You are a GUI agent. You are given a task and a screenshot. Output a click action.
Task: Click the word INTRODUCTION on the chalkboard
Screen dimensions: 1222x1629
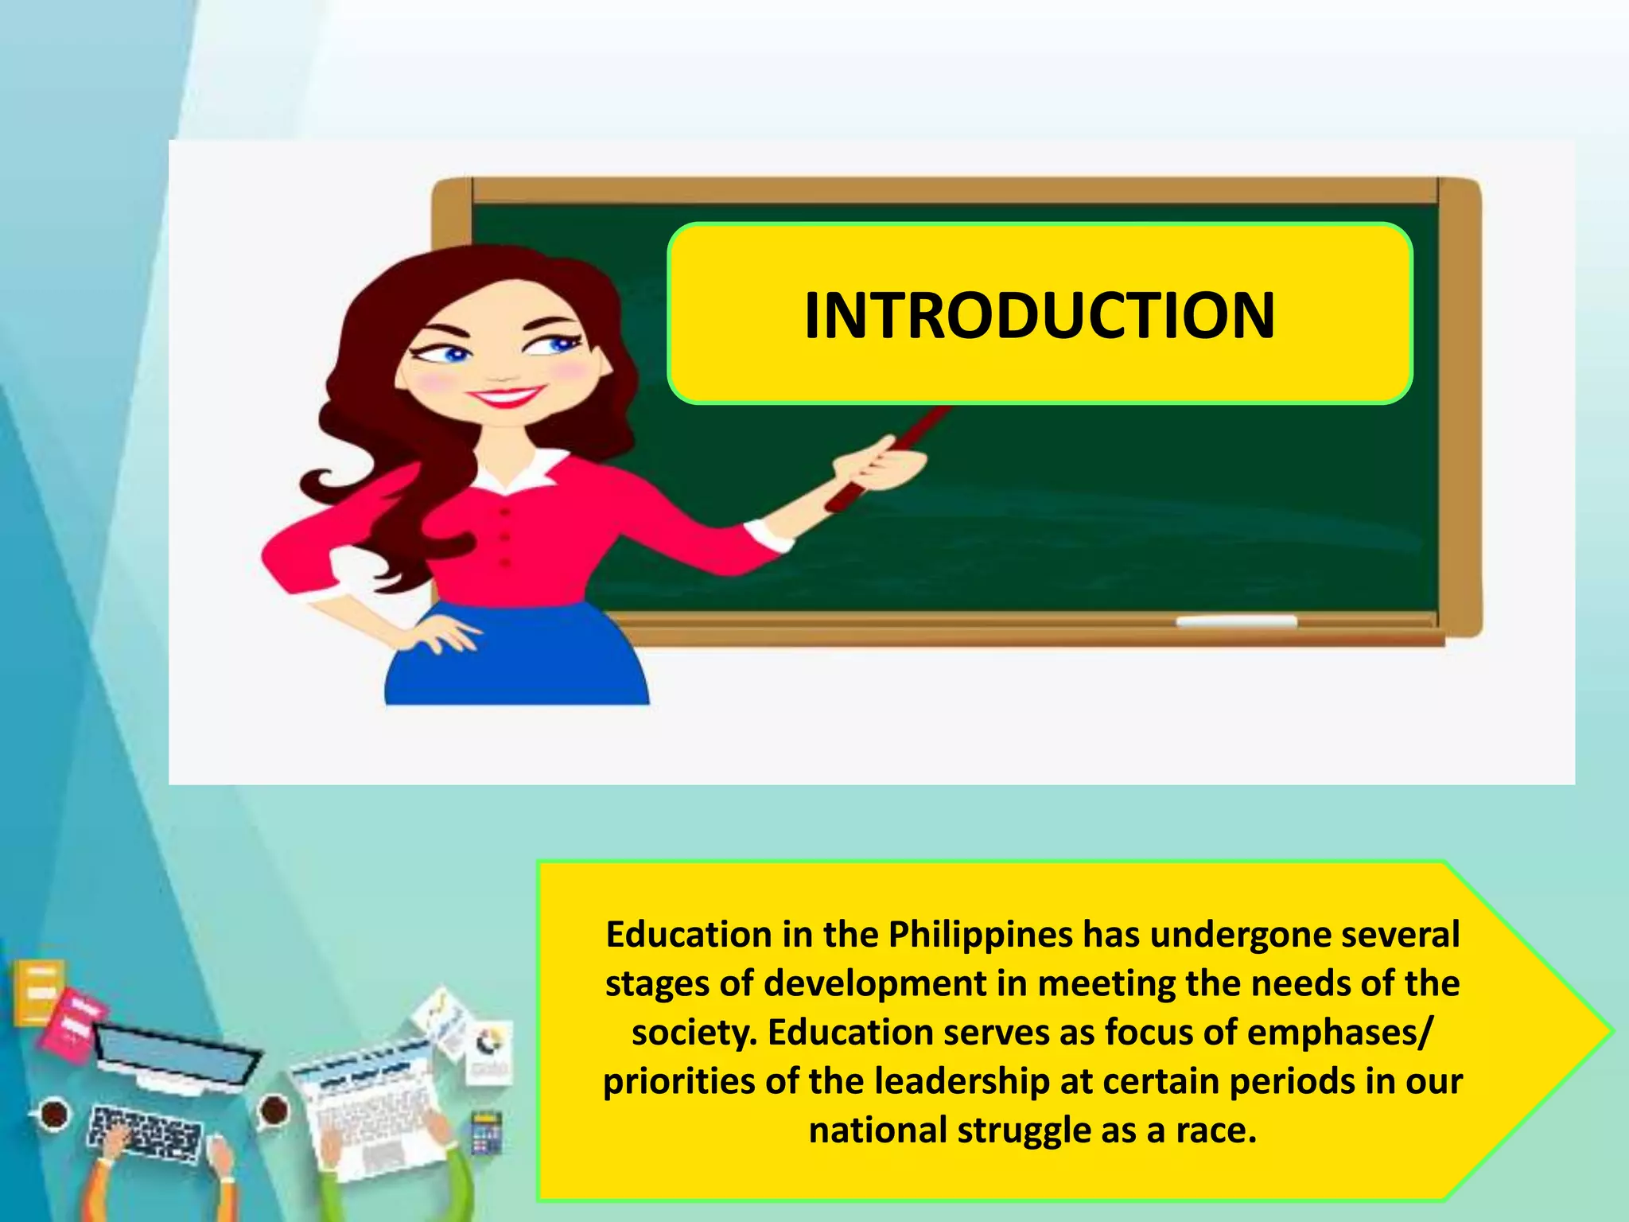(1039, 316)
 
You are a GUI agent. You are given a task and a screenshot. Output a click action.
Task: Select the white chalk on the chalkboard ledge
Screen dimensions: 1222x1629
(1236, 621)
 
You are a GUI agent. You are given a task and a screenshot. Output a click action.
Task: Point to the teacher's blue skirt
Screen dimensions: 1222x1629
(517, 660)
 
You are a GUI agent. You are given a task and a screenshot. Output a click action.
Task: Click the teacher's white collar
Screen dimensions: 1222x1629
(517, 473)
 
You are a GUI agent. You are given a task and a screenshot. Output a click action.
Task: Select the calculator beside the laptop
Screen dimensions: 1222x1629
(486, 1131)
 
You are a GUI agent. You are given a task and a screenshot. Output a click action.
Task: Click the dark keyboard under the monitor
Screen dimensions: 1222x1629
(143, 1130)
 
